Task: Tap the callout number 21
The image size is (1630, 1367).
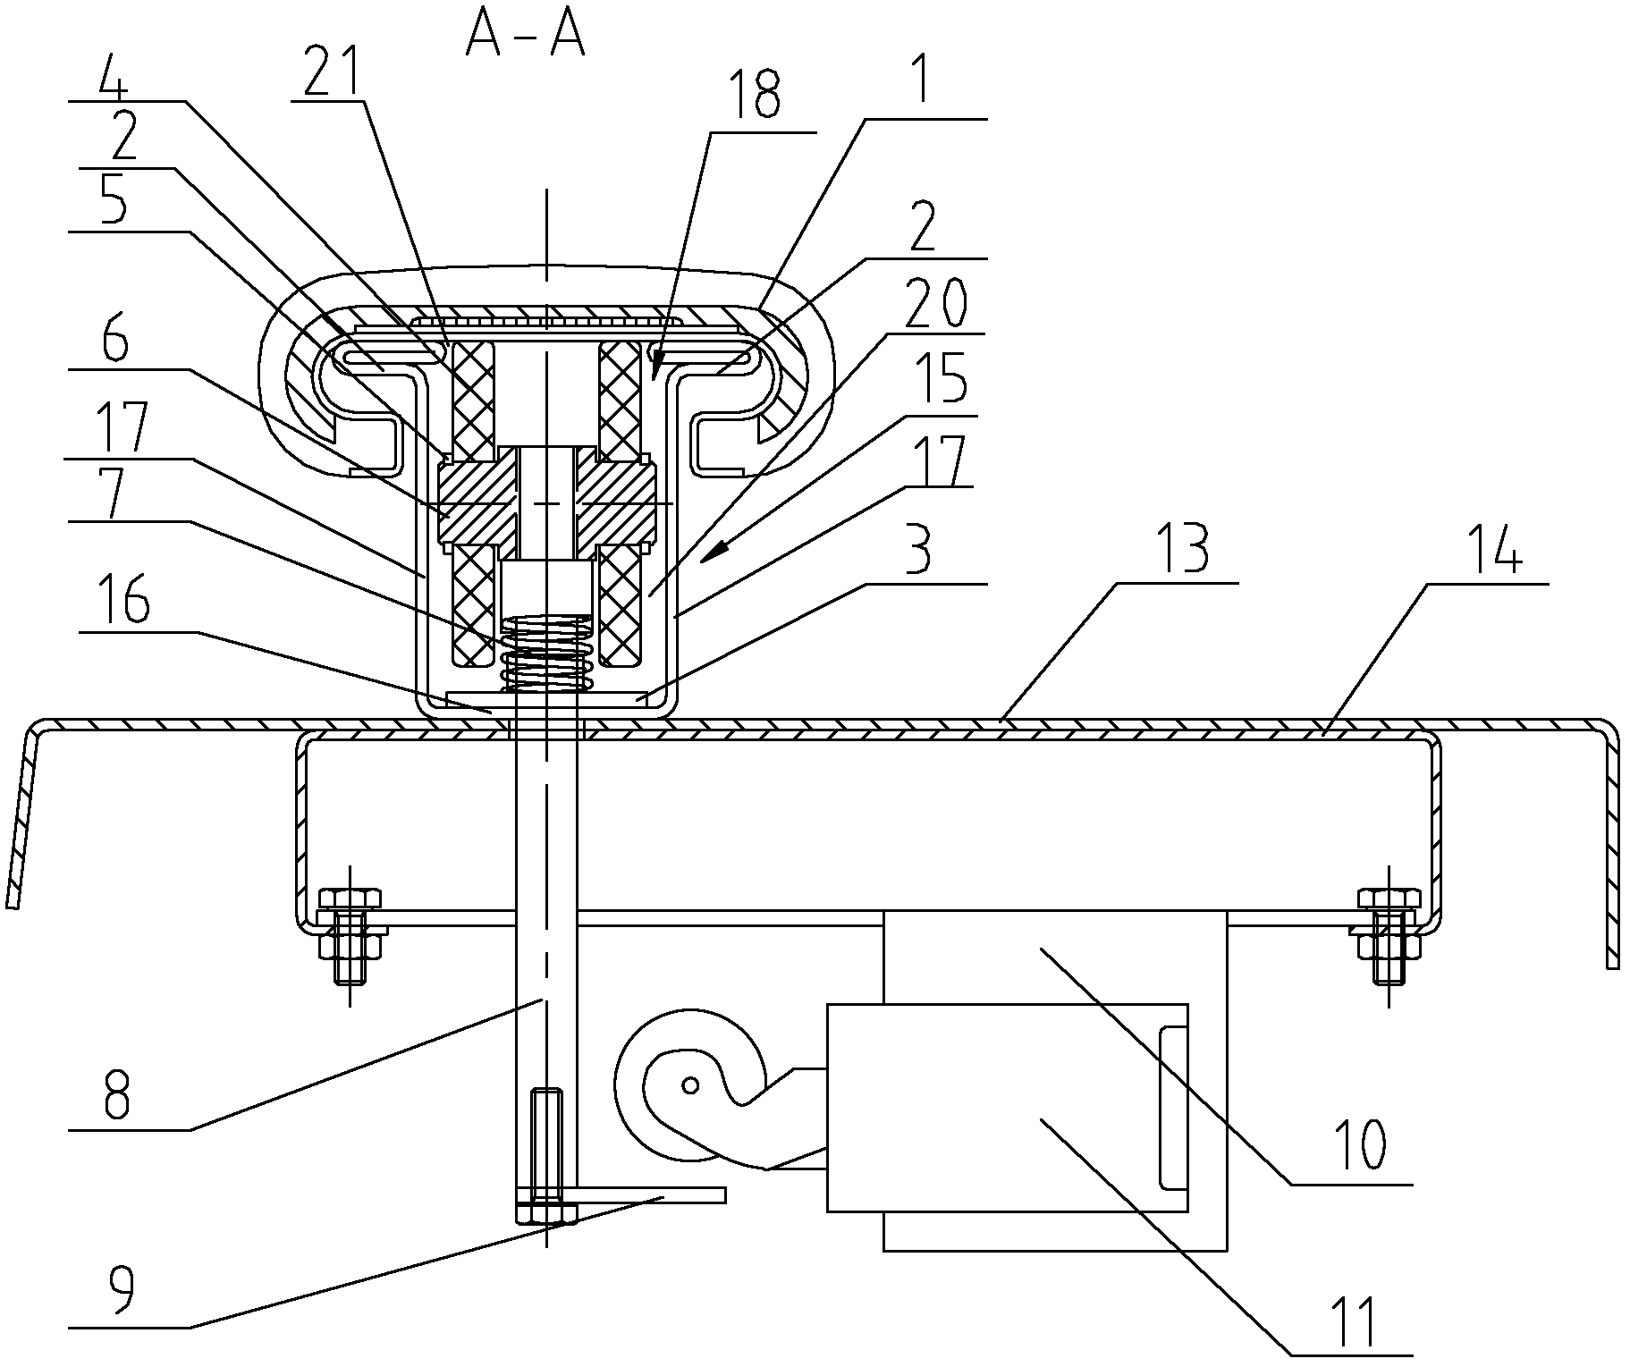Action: [333, 72]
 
